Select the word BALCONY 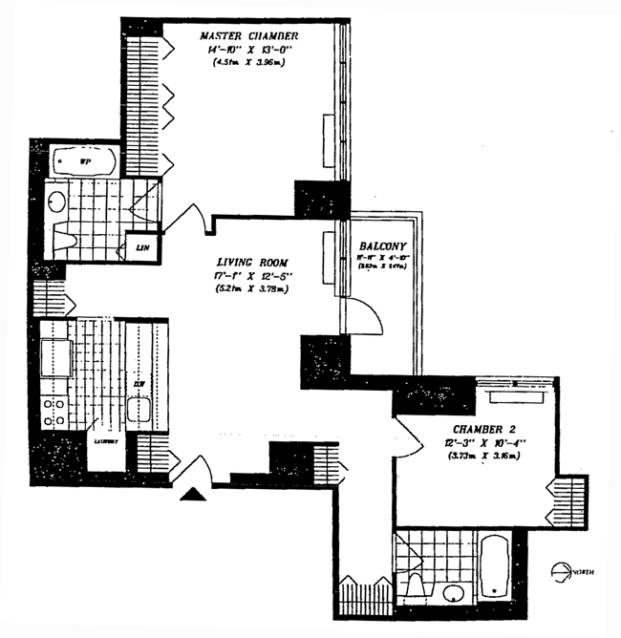(x=379, y=244)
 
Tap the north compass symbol (x=564, y=572)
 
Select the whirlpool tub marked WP (x=83, y=161)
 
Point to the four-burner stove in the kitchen (x=54, y=412)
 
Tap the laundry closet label (x=104, y=442)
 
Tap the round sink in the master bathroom (x=57, y=202)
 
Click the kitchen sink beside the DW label (x=139, y=410)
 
